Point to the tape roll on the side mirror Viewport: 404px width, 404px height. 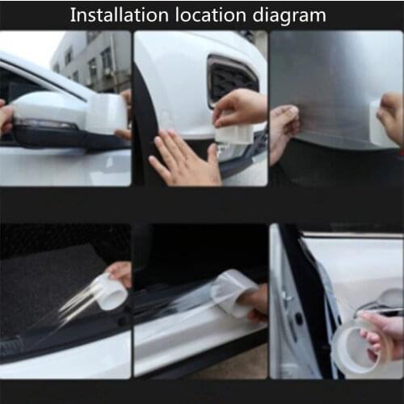tap(105, 114)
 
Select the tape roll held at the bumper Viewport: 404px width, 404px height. tap(234, 131)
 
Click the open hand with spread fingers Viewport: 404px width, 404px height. tap(182, 158)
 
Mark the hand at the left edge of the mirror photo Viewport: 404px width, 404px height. tap(6, 117)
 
